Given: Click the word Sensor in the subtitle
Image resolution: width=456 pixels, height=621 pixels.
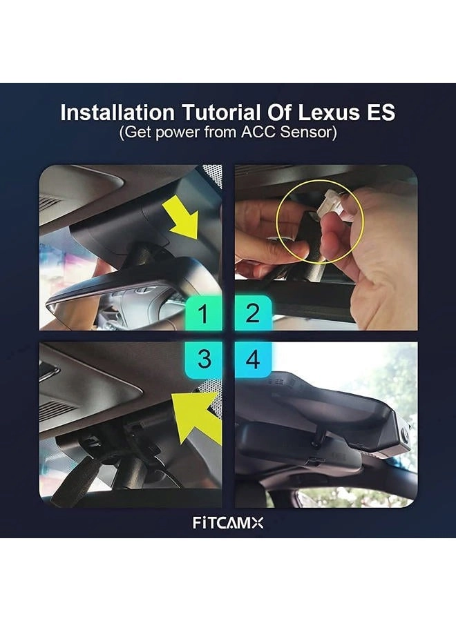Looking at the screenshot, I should click(x=307, y=132).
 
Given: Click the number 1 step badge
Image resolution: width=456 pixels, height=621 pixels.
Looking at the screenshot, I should click(x=203, y=314).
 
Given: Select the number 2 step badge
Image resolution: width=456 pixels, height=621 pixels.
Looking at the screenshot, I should click(x=253, y=314).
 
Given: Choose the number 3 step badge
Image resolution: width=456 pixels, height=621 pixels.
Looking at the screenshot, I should click(x=203, y=359).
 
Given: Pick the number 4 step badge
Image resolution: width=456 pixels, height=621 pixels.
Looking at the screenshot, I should click(x=253, y=359).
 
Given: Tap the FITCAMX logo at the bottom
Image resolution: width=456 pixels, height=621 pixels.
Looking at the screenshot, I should click(x=228, y=522).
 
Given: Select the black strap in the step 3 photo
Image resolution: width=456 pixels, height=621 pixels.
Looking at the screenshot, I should click(x=83, y=476).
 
